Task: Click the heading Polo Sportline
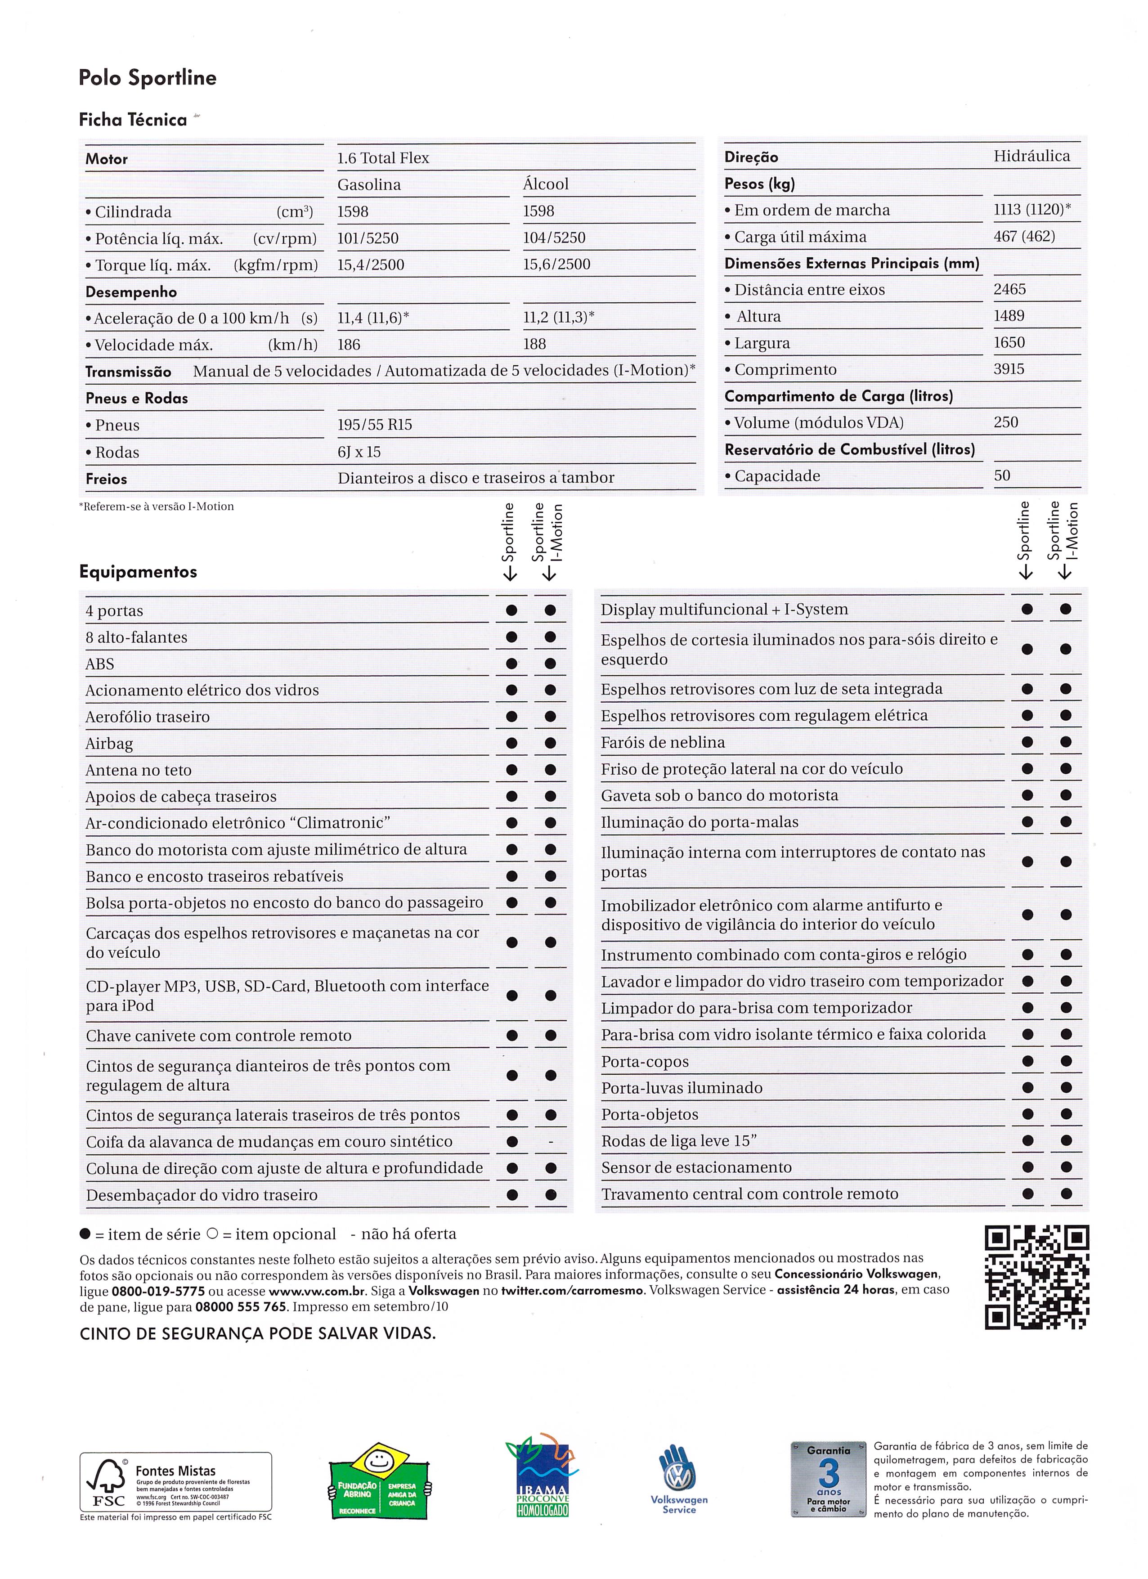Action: [147, 77]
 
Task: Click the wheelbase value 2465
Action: [1009, 289]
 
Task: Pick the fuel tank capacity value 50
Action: [1002, 475]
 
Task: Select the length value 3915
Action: [1009, 369]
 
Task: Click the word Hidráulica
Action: [1032, 156]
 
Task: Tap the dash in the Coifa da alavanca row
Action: [551, 1142]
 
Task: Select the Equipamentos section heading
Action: [138, 572]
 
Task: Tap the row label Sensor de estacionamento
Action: [696, 1167]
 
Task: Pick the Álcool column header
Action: [545, 184]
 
